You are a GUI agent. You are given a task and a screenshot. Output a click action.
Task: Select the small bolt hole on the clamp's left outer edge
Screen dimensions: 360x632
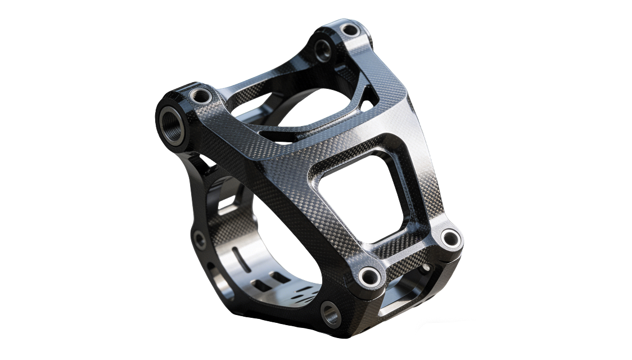[199, 241]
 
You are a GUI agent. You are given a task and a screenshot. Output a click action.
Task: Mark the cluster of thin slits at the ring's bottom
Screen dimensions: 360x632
[304, 292]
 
